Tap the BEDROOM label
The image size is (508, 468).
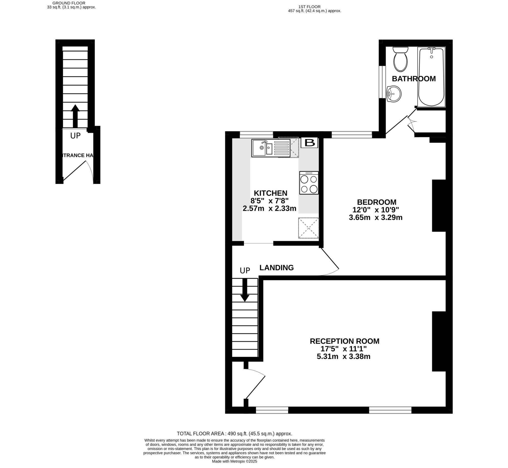377,202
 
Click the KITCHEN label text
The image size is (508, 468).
270,193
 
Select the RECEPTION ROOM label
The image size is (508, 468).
344,341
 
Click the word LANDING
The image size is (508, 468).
276,268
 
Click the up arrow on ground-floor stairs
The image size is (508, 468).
75,116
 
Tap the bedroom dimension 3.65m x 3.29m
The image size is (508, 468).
376,218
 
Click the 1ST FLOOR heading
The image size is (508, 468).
309,7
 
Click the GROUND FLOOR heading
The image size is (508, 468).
69,3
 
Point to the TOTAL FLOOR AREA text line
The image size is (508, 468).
234,434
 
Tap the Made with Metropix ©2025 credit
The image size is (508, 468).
234,461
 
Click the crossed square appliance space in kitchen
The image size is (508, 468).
308,228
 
